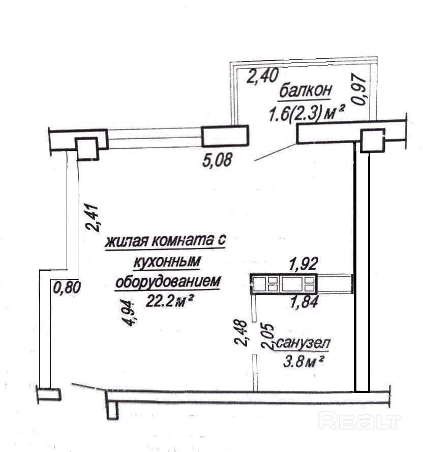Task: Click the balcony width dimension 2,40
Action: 262,76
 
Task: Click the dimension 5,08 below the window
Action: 217,160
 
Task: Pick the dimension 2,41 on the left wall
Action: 96,217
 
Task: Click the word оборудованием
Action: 168,281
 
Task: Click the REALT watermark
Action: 359,421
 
